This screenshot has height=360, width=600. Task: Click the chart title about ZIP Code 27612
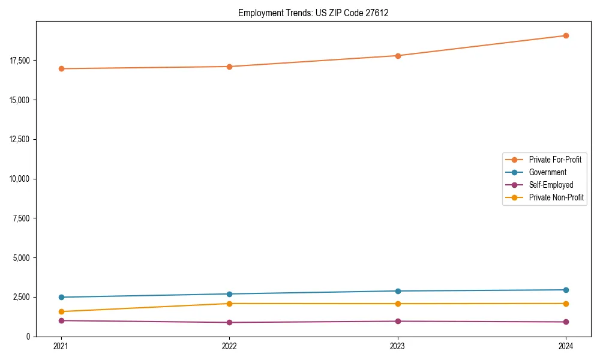point(313,13)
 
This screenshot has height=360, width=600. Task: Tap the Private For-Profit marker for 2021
point(61,68)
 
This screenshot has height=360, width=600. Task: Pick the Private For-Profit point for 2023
point(397,56)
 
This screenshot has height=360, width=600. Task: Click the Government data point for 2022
point(229,294)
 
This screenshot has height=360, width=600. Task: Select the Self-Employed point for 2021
point(61,320)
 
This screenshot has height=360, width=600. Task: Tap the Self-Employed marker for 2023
point(397,321)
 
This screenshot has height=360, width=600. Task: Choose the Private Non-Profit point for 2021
point(61,311)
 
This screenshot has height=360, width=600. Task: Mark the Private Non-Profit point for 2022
point(229,304)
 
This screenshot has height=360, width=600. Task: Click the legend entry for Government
point(547,172)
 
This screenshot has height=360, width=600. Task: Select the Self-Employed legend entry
point(551,185)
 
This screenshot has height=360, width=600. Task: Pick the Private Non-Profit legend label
point(556,197)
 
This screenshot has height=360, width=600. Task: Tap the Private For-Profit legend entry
point(555,160)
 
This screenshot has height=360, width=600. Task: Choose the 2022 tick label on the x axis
point(229,346)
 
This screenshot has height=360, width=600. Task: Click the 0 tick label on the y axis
point(28,337)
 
